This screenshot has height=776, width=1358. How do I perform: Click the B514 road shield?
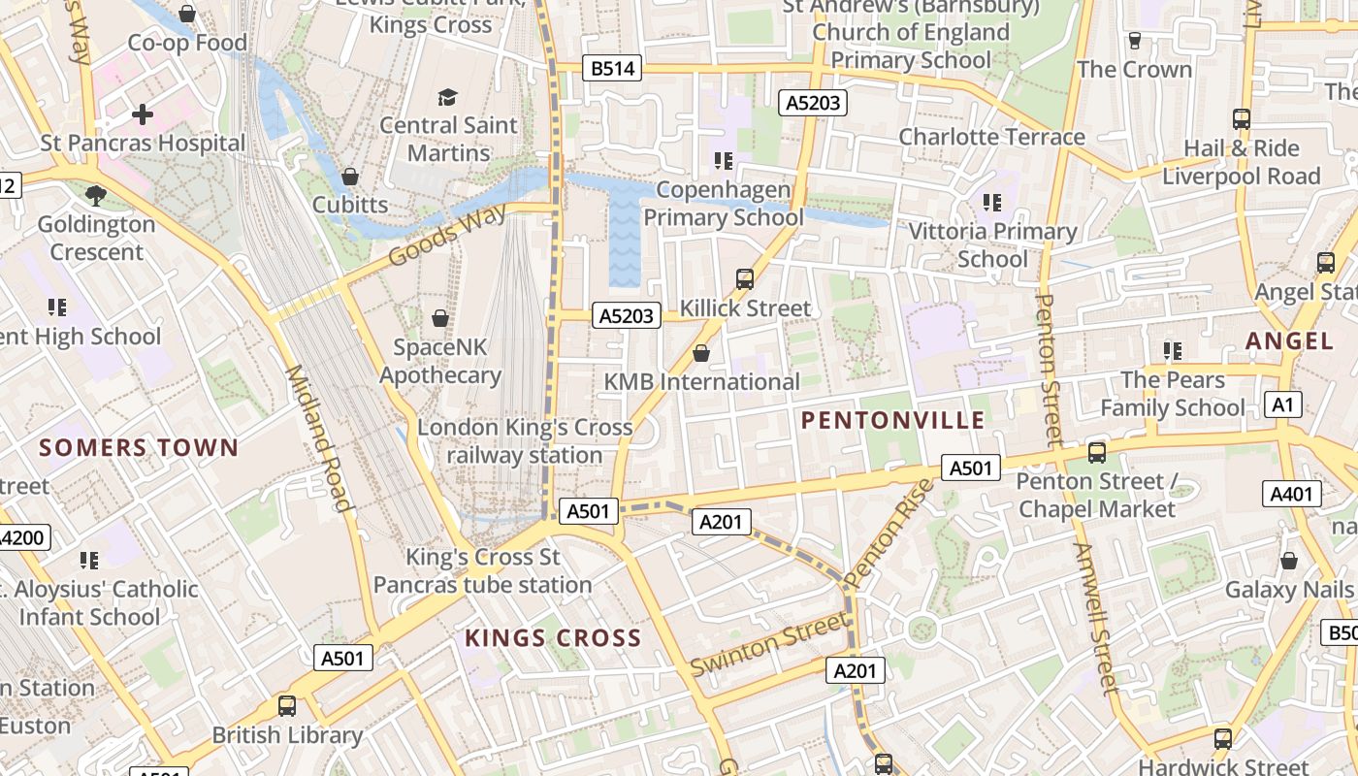[x=612, y=68]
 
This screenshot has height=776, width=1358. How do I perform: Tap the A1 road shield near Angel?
[x=1282, y=404]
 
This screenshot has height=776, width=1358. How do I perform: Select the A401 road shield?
[x=1291, y=494]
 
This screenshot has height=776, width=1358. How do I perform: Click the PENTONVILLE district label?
[x=893, y=420]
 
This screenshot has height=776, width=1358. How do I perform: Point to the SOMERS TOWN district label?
[x=139, y=447]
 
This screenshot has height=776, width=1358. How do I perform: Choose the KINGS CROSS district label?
[x=553, y=637]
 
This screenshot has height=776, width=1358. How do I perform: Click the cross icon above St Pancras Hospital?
[x=143, y=114]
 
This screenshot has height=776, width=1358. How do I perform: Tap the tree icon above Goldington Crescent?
[x=96, y=196]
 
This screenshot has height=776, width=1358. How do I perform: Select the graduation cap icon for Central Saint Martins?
[x=447, y=97]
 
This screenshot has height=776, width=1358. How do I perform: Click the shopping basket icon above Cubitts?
[x=350, y=177]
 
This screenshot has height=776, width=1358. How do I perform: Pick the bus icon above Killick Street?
[x=744, y=279]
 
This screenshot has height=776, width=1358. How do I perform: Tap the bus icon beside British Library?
[x=287, y=705]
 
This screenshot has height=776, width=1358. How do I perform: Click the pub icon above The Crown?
[x=1134, y=41]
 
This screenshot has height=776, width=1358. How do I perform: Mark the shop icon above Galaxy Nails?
[x=1288, y=561]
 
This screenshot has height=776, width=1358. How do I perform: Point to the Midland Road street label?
[x=317, y=438]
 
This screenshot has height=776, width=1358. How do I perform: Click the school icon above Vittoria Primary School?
[x=991, y=203]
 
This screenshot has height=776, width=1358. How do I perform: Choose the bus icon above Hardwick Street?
[x=1222, y=738]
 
